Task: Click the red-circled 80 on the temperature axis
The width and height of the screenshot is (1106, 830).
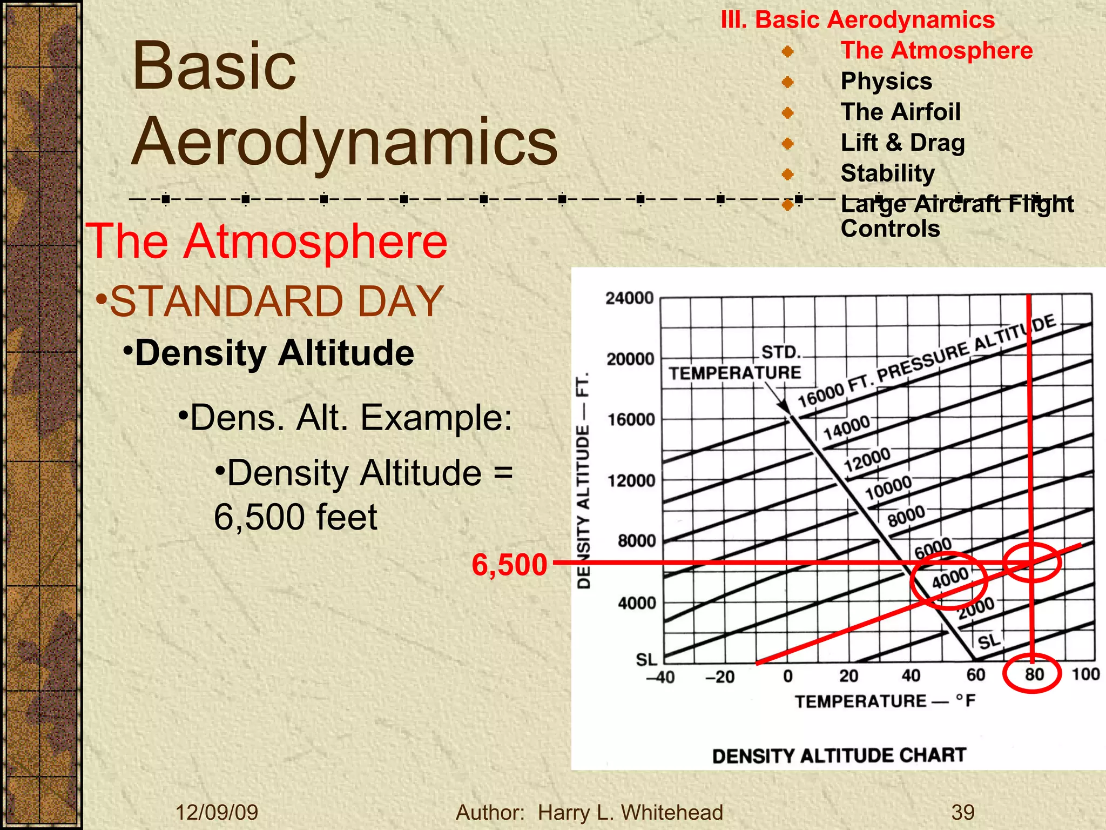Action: (1034, 674)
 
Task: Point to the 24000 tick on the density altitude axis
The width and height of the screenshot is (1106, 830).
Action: (630, 298)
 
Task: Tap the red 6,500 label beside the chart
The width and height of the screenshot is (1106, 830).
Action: (509, 565)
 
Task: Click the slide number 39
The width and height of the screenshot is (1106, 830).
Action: (963, 812)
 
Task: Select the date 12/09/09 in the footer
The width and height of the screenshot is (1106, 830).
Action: (217, 812)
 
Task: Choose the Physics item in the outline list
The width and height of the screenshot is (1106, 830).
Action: (886, 81)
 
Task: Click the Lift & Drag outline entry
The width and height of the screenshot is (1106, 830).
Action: (902, 143)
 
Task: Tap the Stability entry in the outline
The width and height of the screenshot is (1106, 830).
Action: (887, 173)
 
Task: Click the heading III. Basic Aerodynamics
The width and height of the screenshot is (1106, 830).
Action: (858, 20)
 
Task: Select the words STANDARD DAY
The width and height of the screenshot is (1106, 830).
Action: (276, 301)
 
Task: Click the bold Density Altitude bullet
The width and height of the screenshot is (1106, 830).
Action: (274, 353)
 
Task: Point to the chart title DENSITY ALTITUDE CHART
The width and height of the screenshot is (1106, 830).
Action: (839, 755)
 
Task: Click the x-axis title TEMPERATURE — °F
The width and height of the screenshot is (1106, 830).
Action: (885, 701)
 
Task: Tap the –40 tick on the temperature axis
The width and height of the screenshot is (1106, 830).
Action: (660, 677)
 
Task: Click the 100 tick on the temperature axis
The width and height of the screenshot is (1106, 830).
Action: (1085, 674)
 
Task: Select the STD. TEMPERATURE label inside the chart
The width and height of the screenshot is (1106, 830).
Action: (736, 363)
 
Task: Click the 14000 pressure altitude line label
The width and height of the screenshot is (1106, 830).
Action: (846, 427)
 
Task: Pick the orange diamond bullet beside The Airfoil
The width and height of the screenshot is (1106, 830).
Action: (788, 113)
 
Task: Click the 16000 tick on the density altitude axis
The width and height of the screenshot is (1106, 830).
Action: (631, 420)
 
